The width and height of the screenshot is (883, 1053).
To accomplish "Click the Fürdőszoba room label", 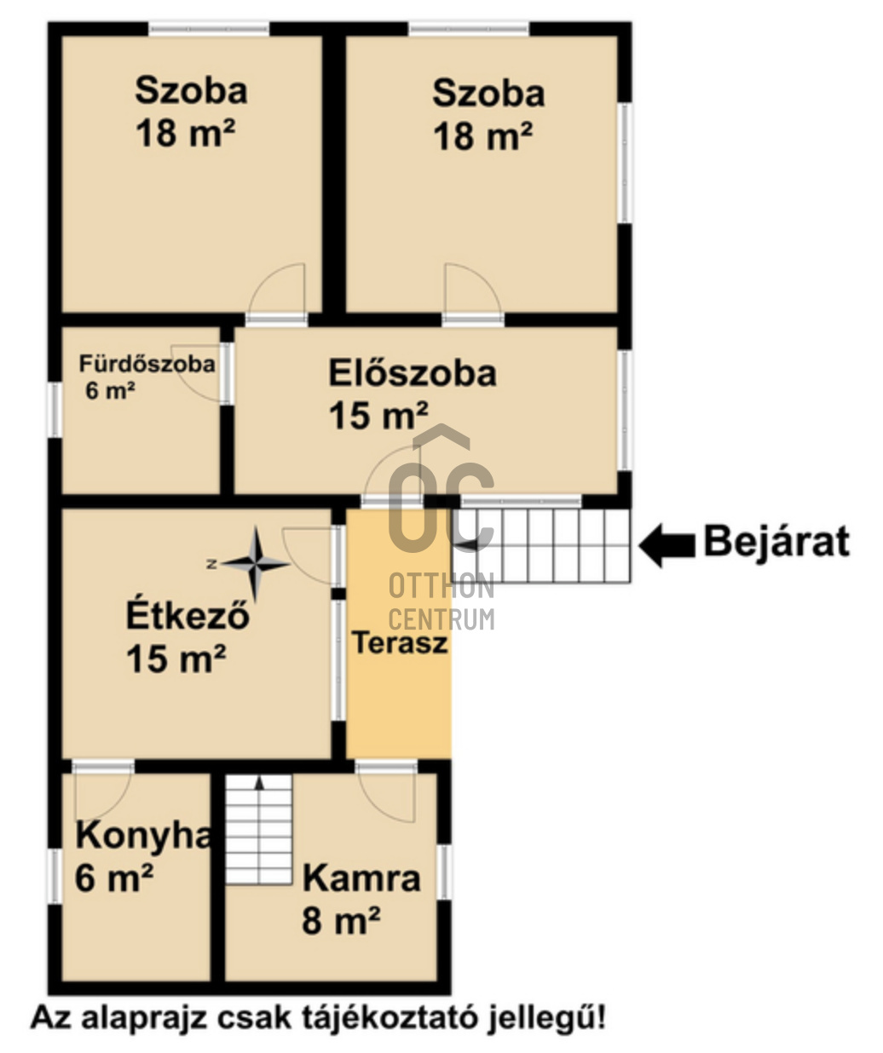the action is coord(147,364).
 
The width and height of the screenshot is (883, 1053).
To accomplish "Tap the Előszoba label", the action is coord(413,374).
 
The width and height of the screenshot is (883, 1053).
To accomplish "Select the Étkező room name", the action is coord(188,615).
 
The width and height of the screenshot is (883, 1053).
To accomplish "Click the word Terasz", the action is coord(400,642).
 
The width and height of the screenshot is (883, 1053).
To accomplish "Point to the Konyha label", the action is coord(143,835).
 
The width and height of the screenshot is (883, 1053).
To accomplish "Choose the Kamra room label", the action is coord(361,878).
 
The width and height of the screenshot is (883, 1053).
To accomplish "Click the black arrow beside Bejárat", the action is coord(667,545).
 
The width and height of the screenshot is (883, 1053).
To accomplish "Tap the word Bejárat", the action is coord(776,542).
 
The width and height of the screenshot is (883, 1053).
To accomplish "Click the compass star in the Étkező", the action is coord(256,564).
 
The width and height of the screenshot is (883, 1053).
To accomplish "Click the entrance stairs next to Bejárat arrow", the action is coord(541,545).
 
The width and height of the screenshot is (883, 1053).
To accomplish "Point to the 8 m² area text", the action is coord(341,920).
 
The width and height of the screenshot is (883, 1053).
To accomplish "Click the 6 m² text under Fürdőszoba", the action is coord(110,390).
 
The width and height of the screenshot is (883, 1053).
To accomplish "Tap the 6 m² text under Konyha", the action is coord(114,877).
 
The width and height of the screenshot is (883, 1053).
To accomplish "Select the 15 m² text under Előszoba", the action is coord(378,415).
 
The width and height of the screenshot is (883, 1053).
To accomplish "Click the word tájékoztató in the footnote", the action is coord(390,1017).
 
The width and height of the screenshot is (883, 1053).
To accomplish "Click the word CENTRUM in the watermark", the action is coord(441,619).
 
